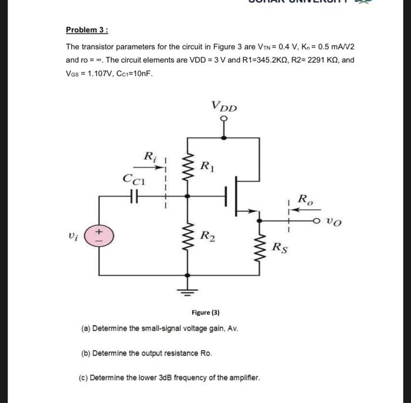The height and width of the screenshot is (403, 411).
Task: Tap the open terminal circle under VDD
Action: (224, 119)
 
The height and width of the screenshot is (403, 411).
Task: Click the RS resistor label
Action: (279, 247)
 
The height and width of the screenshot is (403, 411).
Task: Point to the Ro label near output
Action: (306, 199)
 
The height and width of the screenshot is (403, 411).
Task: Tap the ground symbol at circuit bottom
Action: (188, 289)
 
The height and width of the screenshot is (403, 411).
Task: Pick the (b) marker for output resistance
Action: (85, 354)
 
